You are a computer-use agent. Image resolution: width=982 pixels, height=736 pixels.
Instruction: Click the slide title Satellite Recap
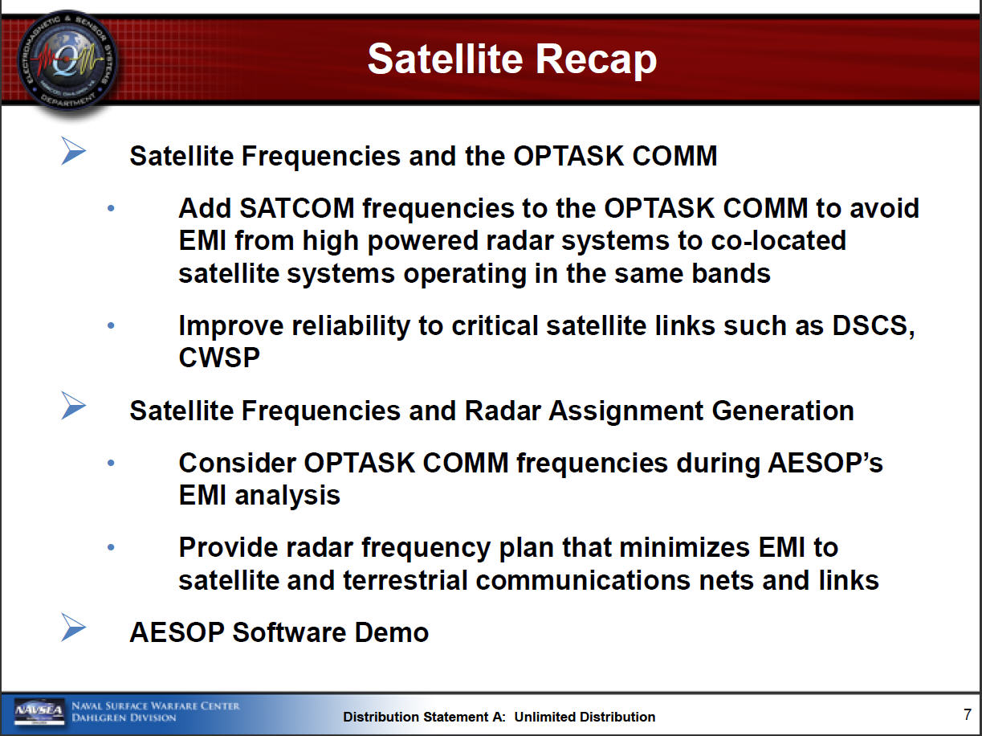coord(511,59)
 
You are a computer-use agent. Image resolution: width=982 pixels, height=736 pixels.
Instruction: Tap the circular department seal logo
coord(67,61)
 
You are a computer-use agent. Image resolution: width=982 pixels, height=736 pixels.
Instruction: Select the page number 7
coord(968,714)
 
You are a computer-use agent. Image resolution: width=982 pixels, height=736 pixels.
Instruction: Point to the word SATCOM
coord(297,208)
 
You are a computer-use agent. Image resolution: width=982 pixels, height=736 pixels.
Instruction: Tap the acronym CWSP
coord(219,358)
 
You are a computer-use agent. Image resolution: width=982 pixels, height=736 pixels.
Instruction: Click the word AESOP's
coord(825,463)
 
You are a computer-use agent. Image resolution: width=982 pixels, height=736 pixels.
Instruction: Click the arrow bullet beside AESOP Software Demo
coord(73,627)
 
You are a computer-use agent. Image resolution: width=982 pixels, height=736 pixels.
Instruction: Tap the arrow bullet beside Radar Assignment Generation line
coord(73,406)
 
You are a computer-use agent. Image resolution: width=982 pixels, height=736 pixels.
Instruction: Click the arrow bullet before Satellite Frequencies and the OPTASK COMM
coord(73,150)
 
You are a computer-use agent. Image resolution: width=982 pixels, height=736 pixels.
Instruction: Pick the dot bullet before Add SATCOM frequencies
coord(111,208)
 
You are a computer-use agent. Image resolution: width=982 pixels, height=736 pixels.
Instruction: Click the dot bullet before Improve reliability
coord(111,325)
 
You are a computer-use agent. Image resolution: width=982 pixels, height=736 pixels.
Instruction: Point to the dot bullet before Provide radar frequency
coord(111,547)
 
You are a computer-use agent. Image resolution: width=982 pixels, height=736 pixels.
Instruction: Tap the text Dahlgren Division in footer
coord(124,718)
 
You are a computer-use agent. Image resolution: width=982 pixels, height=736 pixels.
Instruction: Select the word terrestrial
coord(405,580)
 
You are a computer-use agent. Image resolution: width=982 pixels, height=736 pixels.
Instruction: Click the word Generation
coord(783,411)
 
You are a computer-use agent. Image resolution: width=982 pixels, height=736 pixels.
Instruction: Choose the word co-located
coord(778,240)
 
